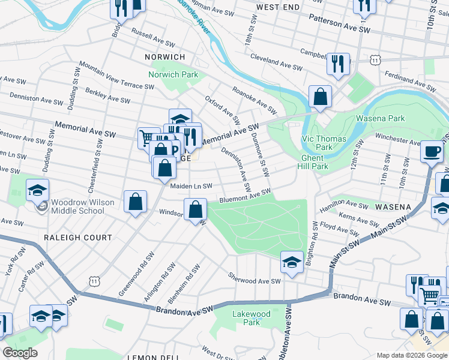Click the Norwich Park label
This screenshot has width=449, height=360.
coord(173,76)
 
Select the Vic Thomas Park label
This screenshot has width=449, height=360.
coord(324,142)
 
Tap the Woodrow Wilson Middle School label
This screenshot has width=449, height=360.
coord(82,206)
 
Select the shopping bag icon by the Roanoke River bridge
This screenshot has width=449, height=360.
coord(321,97)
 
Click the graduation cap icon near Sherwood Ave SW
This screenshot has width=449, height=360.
coord(292,263)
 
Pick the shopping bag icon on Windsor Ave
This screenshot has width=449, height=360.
coord(195,210)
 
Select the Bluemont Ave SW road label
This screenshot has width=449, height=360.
coord(246,194)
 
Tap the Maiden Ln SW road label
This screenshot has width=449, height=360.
coord(191,186)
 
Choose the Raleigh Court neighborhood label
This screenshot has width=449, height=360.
coord(77,238)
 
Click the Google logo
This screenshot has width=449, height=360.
coord(20,353)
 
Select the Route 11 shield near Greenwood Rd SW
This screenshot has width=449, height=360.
coord(93,281)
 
